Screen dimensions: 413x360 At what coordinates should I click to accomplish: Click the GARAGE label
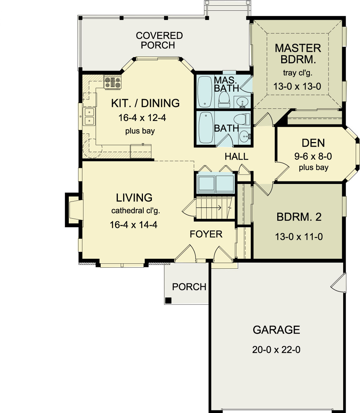pos(276,330)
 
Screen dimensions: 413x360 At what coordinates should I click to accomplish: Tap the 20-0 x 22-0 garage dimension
pos(276,350)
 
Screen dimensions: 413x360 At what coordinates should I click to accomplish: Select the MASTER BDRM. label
pos(298,53)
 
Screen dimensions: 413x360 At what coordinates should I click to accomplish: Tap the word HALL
pos(236,156)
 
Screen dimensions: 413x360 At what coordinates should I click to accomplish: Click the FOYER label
pos(206,234)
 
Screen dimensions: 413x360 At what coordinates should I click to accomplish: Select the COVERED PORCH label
pos(159,40)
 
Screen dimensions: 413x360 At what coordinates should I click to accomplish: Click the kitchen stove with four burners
pos(113,82)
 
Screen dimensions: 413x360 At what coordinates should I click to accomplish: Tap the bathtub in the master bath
pos(205,92)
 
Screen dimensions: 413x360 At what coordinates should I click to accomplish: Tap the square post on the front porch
pos(168,300)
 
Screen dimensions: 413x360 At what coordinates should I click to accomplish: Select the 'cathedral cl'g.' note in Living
pos(135,211)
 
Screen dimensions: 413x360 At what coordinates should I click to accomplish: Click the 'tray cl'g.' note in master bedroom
pos(298,74)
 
